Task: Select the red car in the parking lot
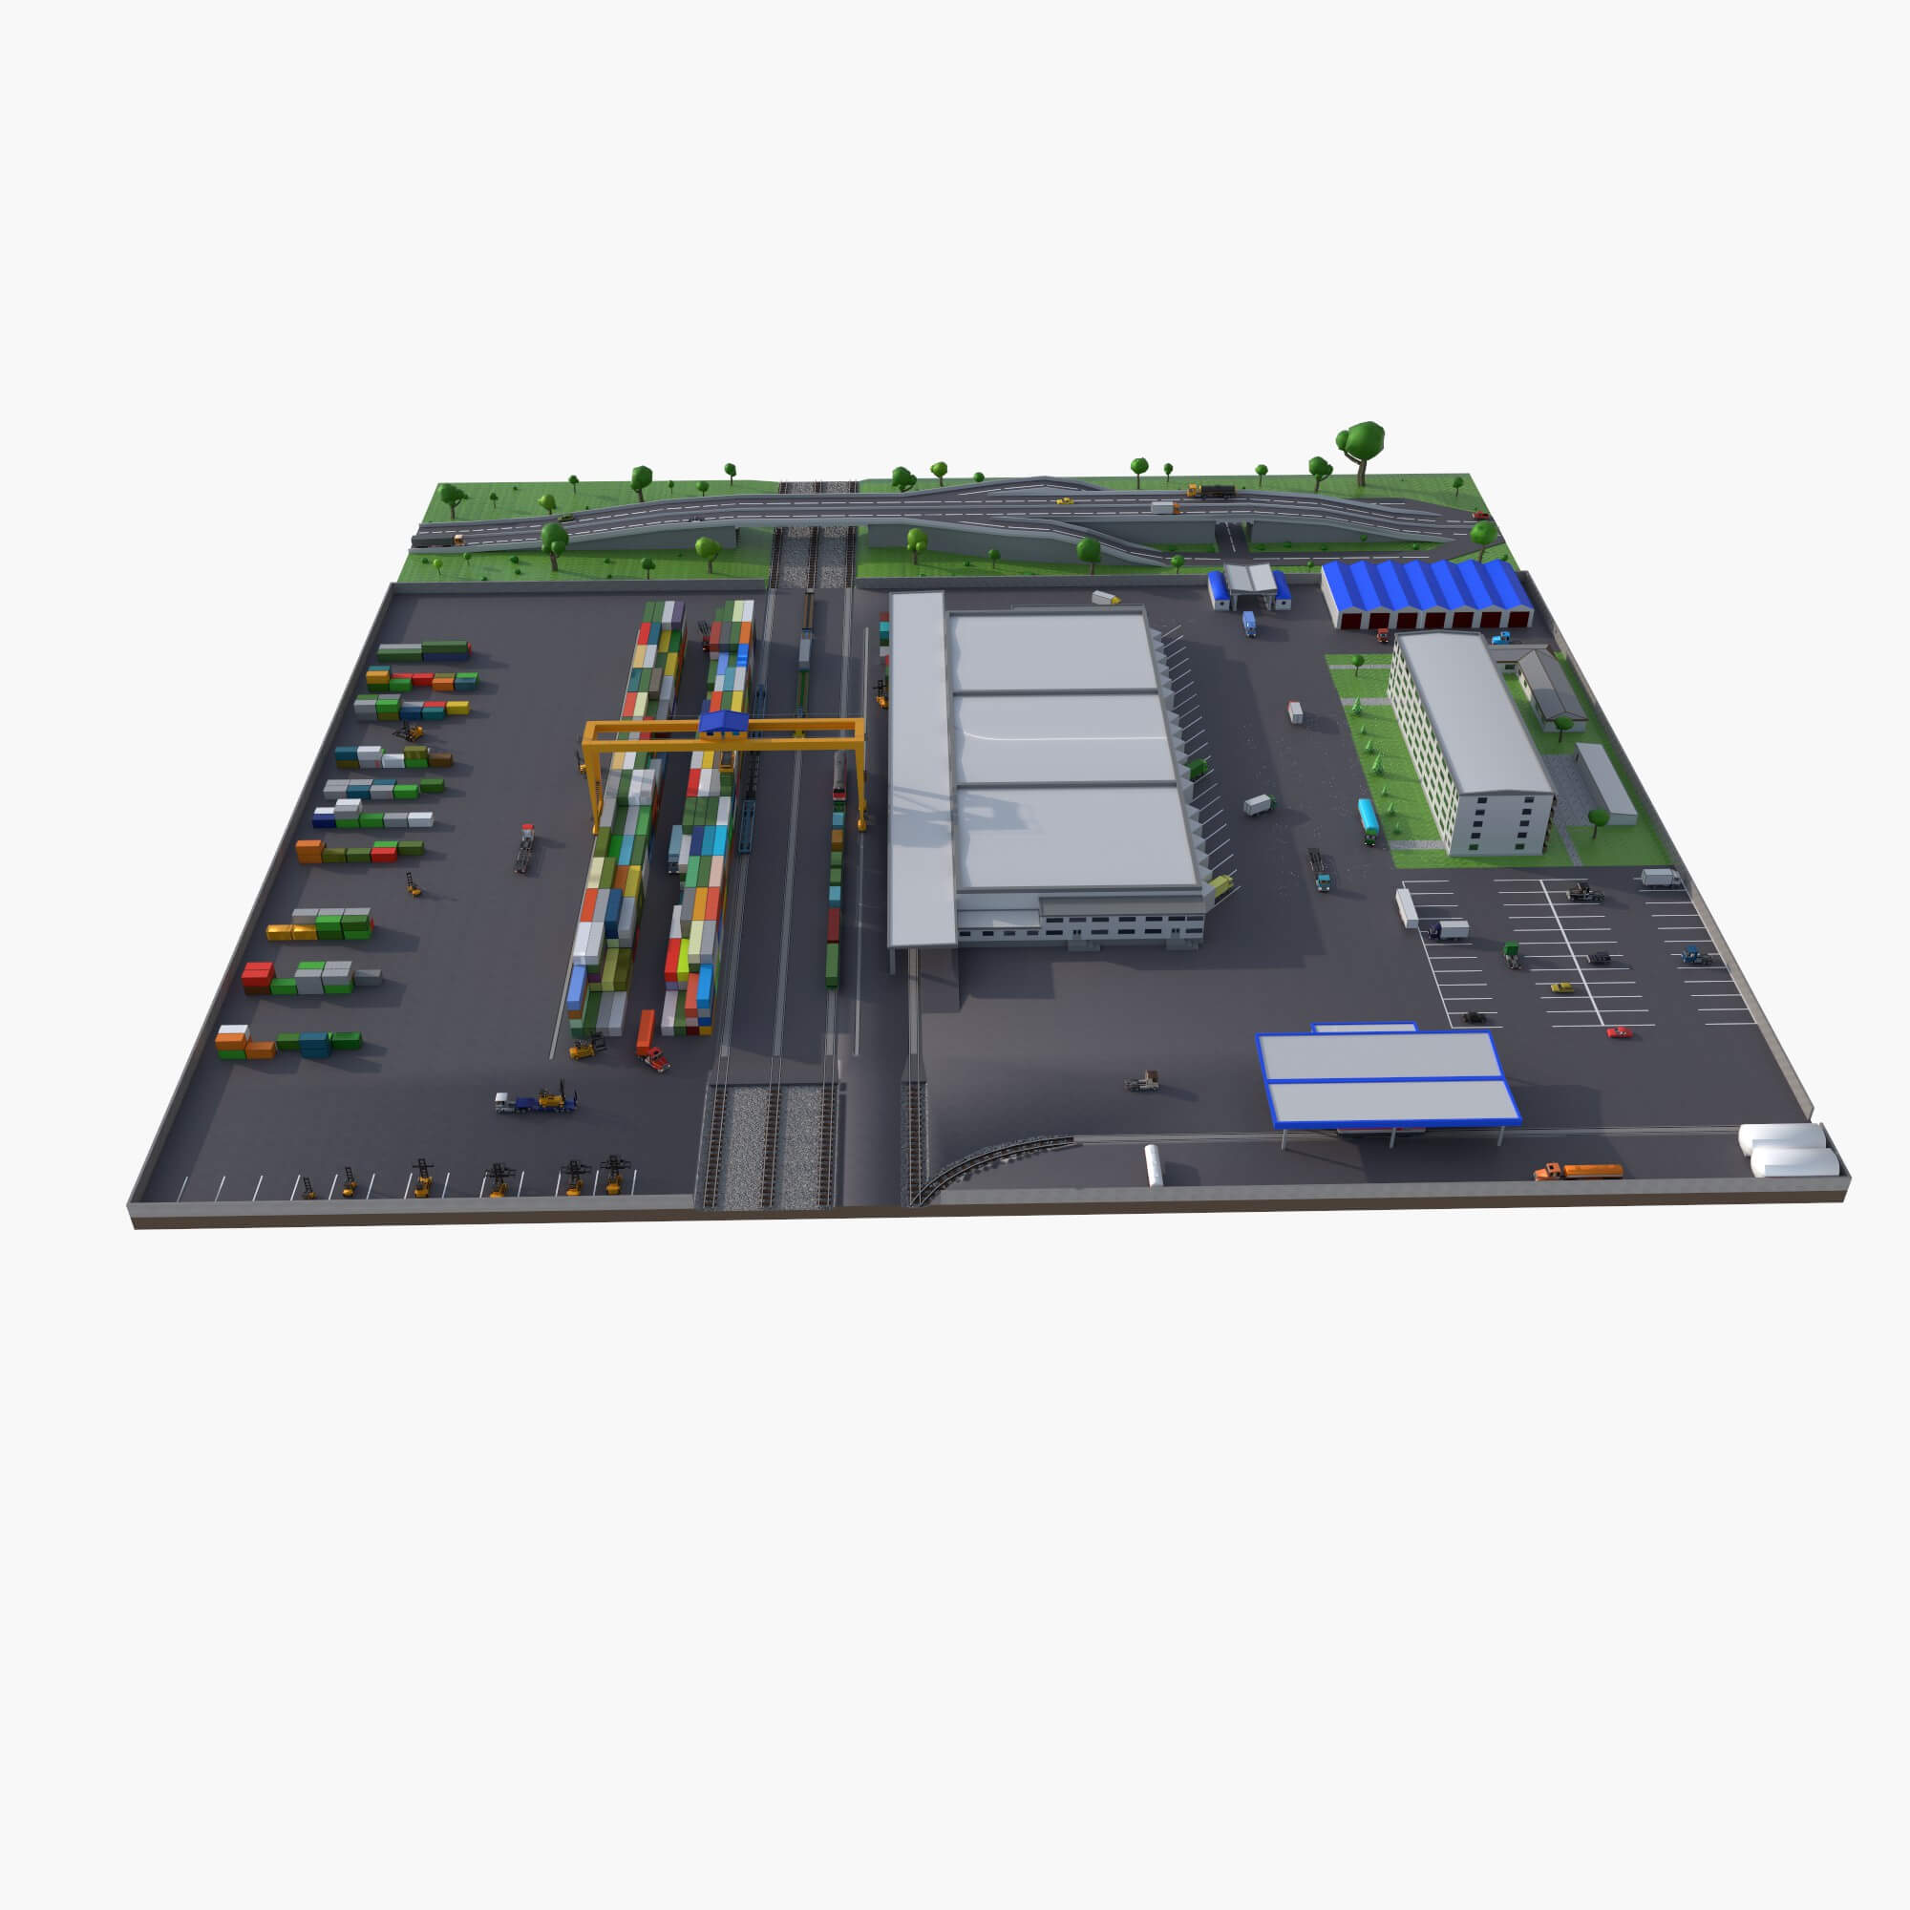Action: click(1619, 1033)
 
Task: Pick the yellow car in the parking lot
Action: click(1561, 987)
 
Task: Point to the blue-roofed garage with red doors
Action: click(1426, 594)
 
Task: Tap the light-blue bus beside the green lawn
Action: click(1368, 819)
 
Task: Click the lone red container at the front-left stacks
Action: click(257, 975)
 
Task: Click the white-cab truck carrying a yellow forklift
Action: click(535, 1100)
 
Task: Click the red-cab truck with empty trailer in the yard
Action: click(525, 847)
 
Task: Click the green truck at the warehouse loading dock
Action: click(1199, 767)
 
